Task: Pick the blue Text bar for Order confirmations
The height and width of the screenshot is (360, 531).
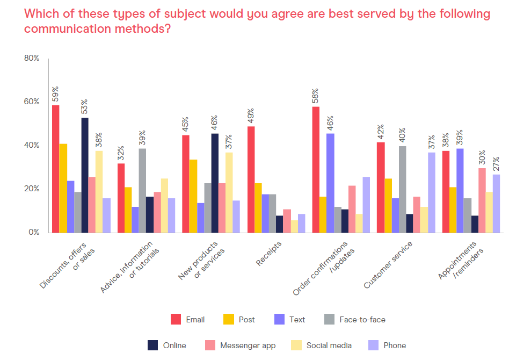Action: (x=330, y=183)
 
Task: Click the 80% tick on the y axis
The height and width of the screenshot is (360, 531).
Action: (x=32, y=58)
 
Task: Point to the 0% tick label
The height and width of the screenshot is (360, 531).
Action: (x=34, y=233)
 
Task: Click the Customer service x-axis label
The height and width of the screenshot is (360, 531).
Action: (x=388, y=265)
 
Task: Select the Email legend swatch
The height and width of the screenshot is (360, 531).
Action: (x=176, y=320)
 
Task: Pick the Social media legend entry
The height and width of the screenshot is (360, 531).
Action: (x=329, y=345)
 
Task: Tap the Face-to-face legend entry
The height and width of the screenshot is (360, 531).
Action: (x=362, y=320)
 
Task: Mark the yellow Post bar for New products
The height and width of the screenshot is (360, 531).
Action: (x=193, y=196)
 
